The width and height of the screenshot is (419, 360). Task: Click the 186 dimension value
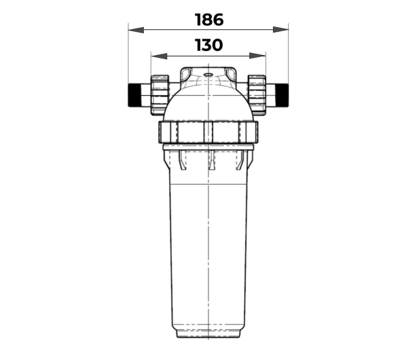pos(209,20)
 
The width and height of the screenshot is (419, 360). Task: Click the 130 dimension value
pos(208,45)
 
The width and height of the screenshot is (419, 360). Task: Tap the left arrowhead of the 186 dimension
pos(136,30)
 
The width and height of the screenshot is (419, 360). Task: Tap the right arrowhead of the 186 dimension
pos(280,30)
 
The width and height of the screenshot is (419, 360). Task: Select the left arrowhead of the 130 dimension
pos(159,56)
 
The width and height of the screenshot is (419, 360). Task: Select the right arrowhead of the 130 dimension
pos(257,56)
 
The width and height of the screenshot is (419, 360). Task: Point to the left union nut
pos(160,95)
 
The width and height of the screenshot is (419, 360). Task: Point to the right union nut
pos(257,95)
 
